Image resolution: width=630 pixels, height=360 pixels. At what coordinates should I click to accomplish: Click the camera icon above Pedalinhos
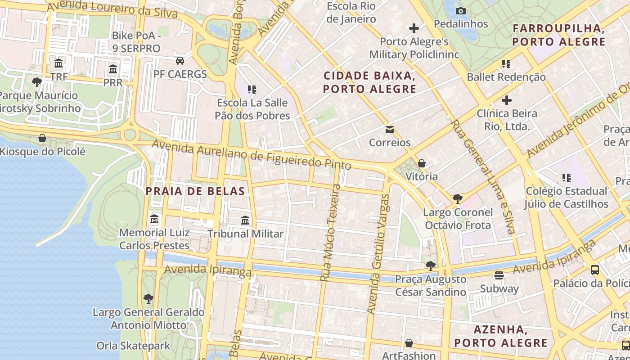(461, 11)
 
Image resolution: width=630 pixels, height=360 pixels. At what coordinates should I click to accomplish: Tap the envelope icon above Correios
(390, 130)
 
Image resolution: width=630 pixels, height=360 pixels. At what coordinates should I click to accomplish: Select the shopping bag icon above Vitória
(422, 163)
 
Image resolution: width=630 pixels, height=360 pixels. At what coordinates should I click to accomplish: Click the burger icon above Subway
(499, 275)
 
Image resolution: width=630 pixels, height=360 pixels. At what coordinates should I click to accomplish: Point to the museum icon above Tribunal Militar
(245, 220)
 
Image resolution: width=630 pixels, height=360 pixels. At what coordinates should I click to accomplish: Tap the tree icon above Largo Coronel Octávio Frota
(458, 198)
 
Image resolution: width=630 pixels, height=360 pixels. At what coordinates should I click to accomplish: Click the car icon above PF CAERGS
(180, 61)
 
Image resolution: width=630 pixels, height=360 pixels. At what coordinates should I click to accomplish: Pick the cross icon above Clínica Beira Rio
(507, 100)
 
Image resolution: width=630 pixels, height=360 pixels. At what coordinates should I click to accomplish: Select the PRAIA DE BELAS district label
(195, 191)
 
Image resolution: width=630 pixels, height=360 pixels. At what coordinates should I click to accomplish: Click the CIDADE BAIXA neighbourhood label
(370, 82)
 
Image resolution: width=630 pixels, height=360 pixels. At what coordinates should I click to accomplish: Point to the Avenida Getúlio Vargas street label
(378, 254)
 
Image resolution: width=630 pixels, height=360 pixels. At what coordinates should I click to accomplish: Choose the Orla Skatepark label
(134, 346)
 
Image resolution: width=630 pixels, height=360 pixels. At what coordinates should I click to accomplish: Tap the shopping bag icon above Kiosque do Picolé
(42, 138)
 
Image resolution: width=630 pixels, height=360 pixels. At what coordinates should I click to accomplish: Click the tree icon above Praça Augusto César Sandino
(431, 266)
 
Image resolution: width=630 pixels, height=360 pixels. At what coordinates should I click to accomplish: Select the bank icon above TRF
(58, 63)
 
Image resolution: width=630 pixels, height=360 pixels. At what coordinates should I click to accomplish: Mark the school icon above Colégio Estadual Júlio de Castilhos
(566, 178)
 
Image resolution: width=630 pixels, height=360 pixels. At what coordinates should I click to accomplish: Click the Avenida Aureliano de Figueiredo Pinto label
(252, 155)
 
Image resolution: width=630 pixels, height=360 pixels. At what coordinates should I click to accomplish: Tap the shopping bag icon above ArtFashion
(409, 343)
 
